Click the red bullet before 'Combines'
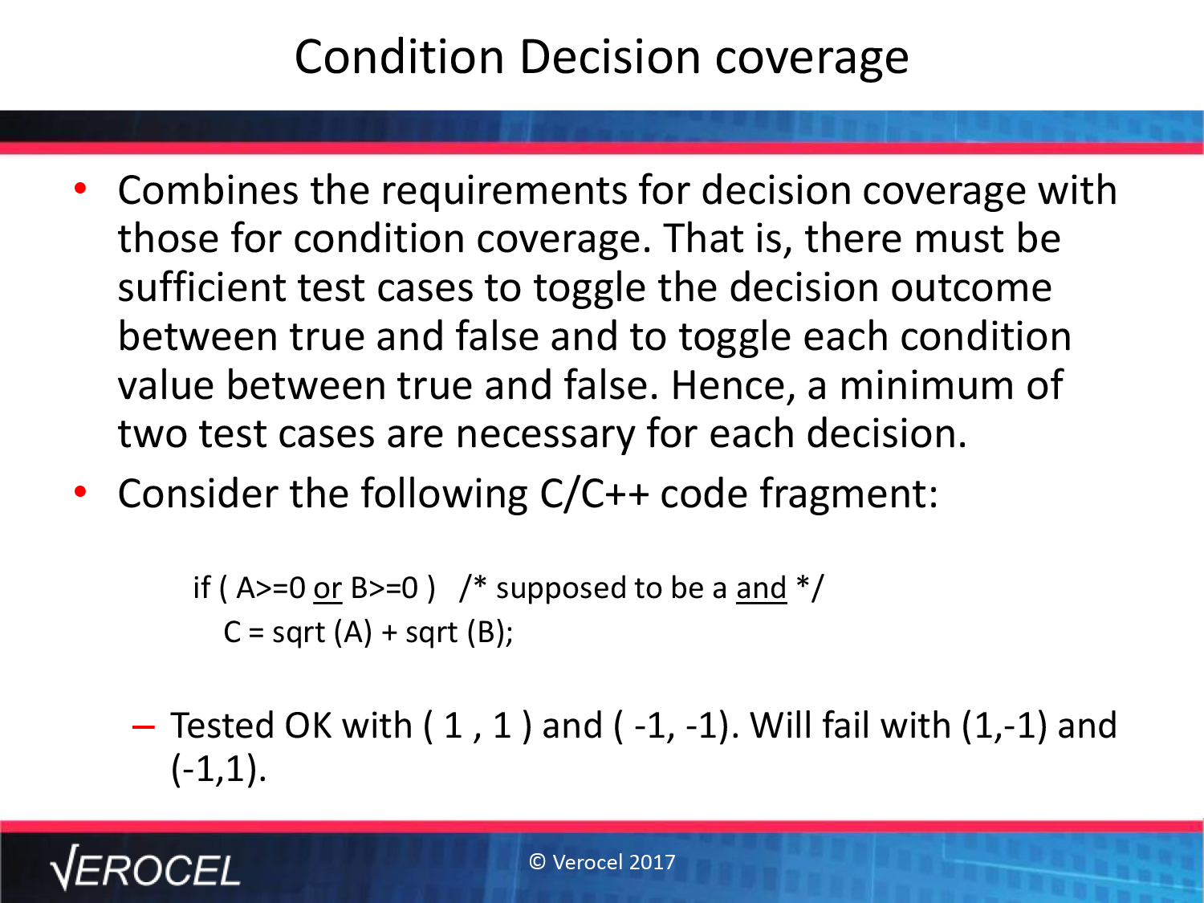point(80,189)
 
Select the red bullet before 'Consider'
point(80,492)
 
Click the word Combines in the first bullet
point(208,190)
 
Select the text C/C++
point(594,494)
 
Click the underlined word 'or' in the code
point(327,589)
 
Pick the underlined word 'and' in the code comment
point(762,588)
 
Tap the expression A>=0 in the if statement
point(270,588)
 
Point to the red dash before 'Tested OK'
point(143,727)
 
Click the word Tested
point(222,726)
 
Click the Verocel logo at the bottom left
point(144,868)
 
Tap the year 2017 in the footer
point(652,862)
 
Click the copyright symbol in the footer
point(537,862)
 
